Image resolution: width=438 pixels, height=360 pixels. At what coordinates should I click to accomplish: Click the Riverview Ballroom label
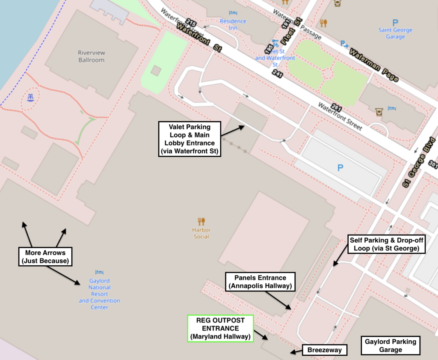click(x=91, y=57)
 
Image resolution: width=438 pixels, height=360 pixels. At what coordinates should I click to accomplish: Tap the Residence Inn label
click(x=233, y=24)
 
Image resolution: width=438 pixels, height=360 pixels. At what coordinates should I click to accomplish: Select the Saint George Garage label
click(x=395, y=33)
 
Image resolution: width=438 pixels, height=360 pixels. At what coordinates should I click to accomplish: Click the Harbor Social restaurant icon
click(x=201, y=221)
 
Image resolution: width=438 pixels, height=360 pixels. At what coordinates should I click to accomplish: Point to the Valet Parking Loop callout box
click(x=189, y=139)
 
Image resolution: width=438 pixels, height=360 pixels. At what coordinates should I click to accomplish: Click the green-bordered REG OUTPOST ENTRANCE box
click(x=221, y=328)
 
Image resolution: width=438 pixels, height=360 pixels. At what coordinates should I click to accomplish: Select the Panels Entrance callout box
click(x=260, y=282)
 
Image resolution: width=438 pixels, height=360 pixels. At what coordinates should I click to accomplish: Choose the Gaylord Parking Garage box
click(x=391, y=345)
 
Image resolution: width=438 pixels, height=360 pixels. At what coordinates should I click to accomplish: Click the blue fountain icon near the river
click(x=30, y=98)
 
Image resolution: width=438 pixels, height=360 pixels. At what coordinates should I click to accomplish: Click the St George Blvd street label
click(x=419, y=163)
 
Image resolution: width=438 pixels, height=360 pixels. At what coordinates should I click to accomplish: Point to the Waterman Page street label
click(x=374, y=65)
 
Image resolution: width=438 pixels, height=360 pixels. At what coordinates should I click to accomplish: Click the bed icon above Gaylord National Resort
click(x=99, y=272)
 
